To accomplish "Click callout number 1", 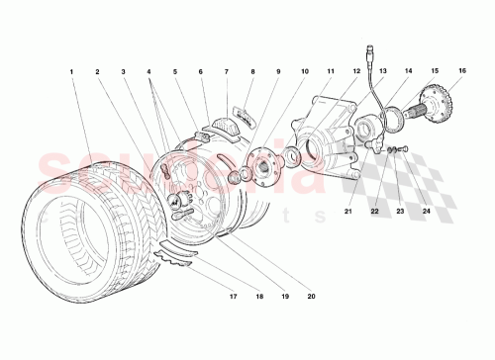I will click(x=71, y=72).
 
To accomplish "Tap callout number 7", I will click(x=226, y=72).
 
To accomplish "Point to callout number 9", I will click(x=278, y=72).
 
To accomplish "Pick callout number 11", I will click(x=331, y=72).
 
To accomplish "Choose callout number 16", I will click(x=461, y=72).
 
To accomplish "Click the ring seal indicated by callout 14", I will click(x=392, y=120).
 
